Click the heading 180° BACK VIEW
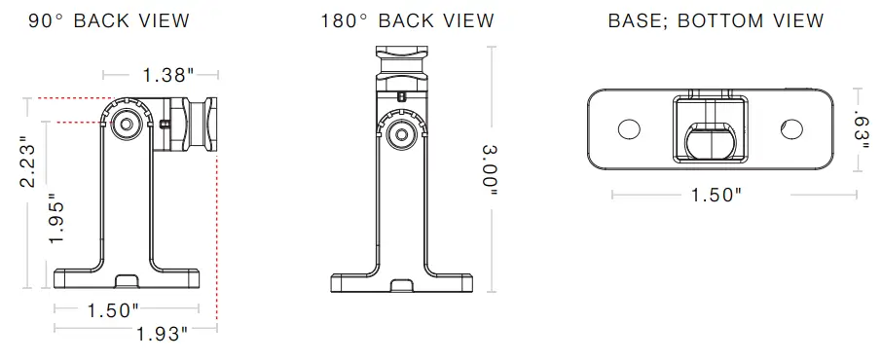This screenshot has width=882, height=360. tap(407, 20)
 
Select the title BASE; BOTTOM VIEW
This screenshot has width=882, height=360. tap(716, 20)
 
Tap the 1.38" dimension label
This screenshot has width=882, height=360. tap(161, 74)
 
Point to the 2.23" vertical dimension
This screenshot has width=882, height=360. tap(30, 161)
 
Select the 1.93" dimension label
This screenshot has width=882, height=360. tap(161, 335)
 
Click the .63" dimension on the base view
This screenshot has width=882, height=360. tap(861, 126)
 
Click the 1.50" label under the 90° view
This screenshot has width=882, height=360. tap(113, 310)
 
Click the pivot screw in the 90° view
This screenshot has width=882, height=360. tap(125, 123)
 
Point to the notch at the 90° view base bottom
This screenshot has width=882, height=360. tap(128, 281)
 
